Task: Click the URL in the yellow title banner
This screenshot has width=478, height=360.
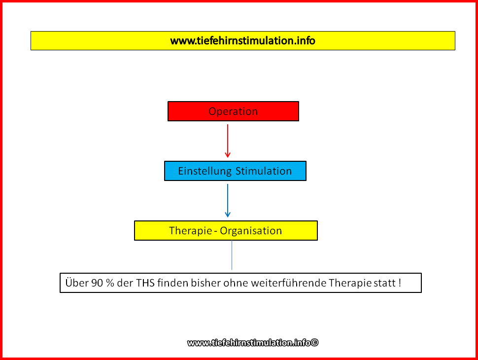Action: pos(242,40)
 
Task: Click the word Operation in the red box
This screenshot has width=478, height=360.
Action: pos(233,111)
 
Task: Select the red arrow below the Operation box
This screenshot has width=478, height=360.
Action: pos(227,141)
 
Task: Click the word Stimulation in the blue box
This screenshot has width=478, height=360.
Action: pos(264,171)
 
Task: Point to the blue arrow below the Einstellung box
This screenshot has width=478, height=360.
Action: pos(227,200)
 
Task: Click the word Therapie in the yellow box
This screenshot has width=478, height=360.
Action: pos(191,231)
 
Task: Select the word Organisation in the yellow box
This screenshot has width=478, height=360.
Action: pos(251,231)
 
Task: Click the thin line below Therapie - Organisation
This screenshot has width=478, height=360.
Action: pos(232,255)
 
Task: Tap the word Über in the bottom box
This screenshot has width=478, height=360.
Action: pos(77,283)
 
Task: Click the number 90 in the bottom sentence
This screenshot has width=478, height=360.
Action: pos(97,283)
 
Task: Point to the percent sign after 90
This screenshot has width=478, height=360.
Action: pos(110,283)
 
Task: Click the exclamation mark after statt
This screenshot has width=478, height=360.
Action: pos(400,283)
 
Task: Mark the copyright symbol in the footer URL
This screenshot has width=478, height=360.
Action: pos(314,343)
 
